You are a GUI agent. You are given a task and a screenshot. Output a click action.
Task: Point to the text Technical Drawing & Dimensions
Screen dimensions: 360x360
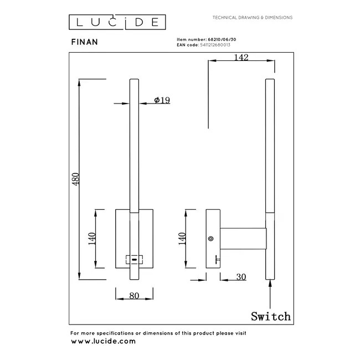click(x=253, y=18)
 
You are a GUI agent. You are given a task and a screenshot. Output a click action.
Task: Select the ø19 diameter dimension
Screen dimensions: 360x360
click(x=162, y=100)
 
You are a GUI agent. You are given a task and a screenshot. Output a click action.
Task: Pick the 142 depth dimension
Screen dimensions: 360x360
click(x=240, y=57)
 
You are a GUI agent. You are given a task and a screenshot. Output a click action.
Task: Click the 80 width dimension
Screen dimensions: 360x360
click(x=133, y=295)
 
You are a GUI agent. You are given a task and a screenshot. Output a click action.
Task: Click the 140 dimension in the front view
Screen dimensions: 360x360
click(x=92, y=238)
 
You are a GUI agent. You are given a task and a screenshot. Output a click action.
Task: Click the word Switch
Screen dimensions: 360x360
click(x=270, y=316)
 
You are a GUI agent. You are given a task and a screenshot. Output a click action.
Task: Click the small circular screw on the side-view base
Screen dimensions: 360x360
click(x=210, y=238)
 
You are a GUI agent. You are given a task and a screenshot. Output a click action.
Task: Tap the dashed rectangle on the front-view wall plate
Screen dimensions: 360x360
click(x=134, y=259)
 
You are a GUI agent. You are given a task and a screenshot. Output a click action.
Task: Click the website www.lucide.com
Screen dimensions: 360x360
click(x=103, y=341)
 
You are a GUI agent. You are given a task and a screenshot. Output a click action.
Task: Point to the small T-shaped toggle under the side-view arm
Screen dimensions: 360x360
click(x=217, y=259)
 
